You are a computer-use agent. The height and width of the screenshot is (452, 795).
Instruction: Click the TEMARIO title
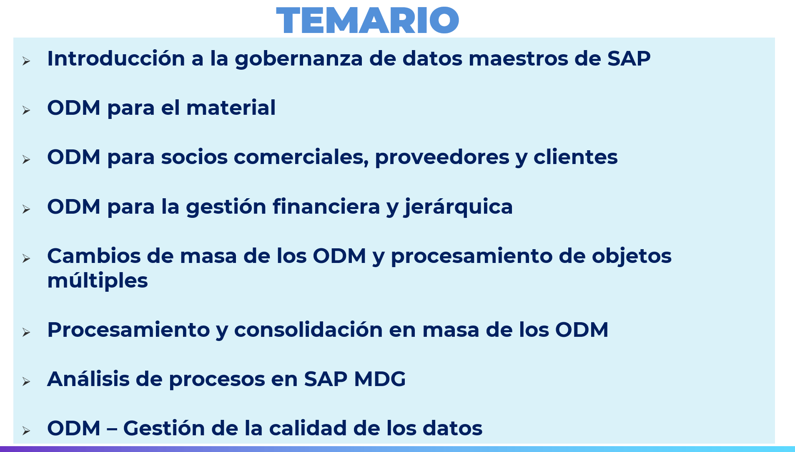[367, 20]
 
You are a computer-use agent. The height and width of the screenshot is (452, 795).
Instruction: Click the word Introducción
[116, 58]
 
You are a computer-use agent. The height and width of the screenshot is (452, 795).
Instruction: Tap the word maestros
[518, 59]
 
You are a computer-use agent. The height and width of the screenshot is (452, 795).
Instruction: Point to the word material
[231, 108]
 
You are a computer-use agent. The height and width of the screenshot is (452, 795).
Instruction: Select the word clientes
[576, 157]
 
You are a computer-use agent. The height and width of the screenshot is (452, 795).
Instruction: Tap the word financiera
[326, 207]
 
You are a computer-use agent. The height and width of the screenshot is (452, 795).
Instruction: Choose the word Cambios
[94, 255]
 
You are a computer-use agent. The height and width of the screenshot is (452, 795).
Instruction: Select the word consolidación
[308, 330]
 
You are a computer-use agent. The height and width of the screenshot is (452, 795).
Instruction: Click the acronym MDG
[380, 379]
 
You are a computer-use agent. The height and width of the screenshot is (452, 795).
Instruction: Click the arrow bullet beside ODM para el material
[26, 110]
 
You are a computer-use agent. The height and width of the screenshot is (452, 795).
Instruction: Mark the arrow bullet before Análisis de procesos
[26, 381]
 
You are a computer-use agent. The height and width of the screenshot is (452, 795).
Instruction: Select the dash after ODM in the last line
[112, 429]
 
